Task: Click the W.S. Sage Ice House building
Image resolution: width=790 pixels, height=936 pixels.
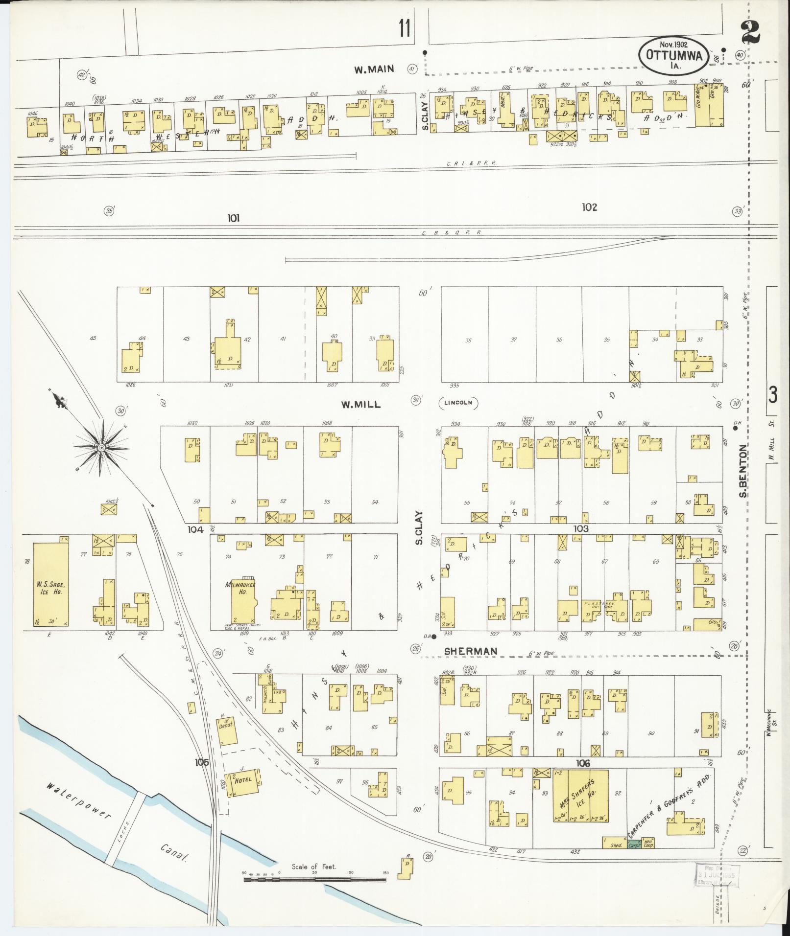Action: (x=50, y=584)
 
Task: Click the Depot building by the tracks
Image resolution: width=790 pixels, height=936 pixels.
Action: (x=227, y=731)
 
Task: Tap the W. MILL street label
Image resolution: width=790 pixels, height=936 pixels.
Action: (x=361, y=404)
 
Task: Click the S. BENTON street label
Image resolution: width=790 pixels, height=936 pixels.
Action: (x=743, y=470)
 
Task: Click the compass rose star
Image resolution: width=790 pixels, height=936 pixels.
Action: (x=101, y=447)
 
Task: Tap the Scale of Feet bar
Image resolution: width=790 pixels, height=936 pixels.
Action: (x=314, y=880)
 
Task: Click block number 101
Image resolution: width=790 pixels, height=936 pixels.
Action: (x=233, y=218)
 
